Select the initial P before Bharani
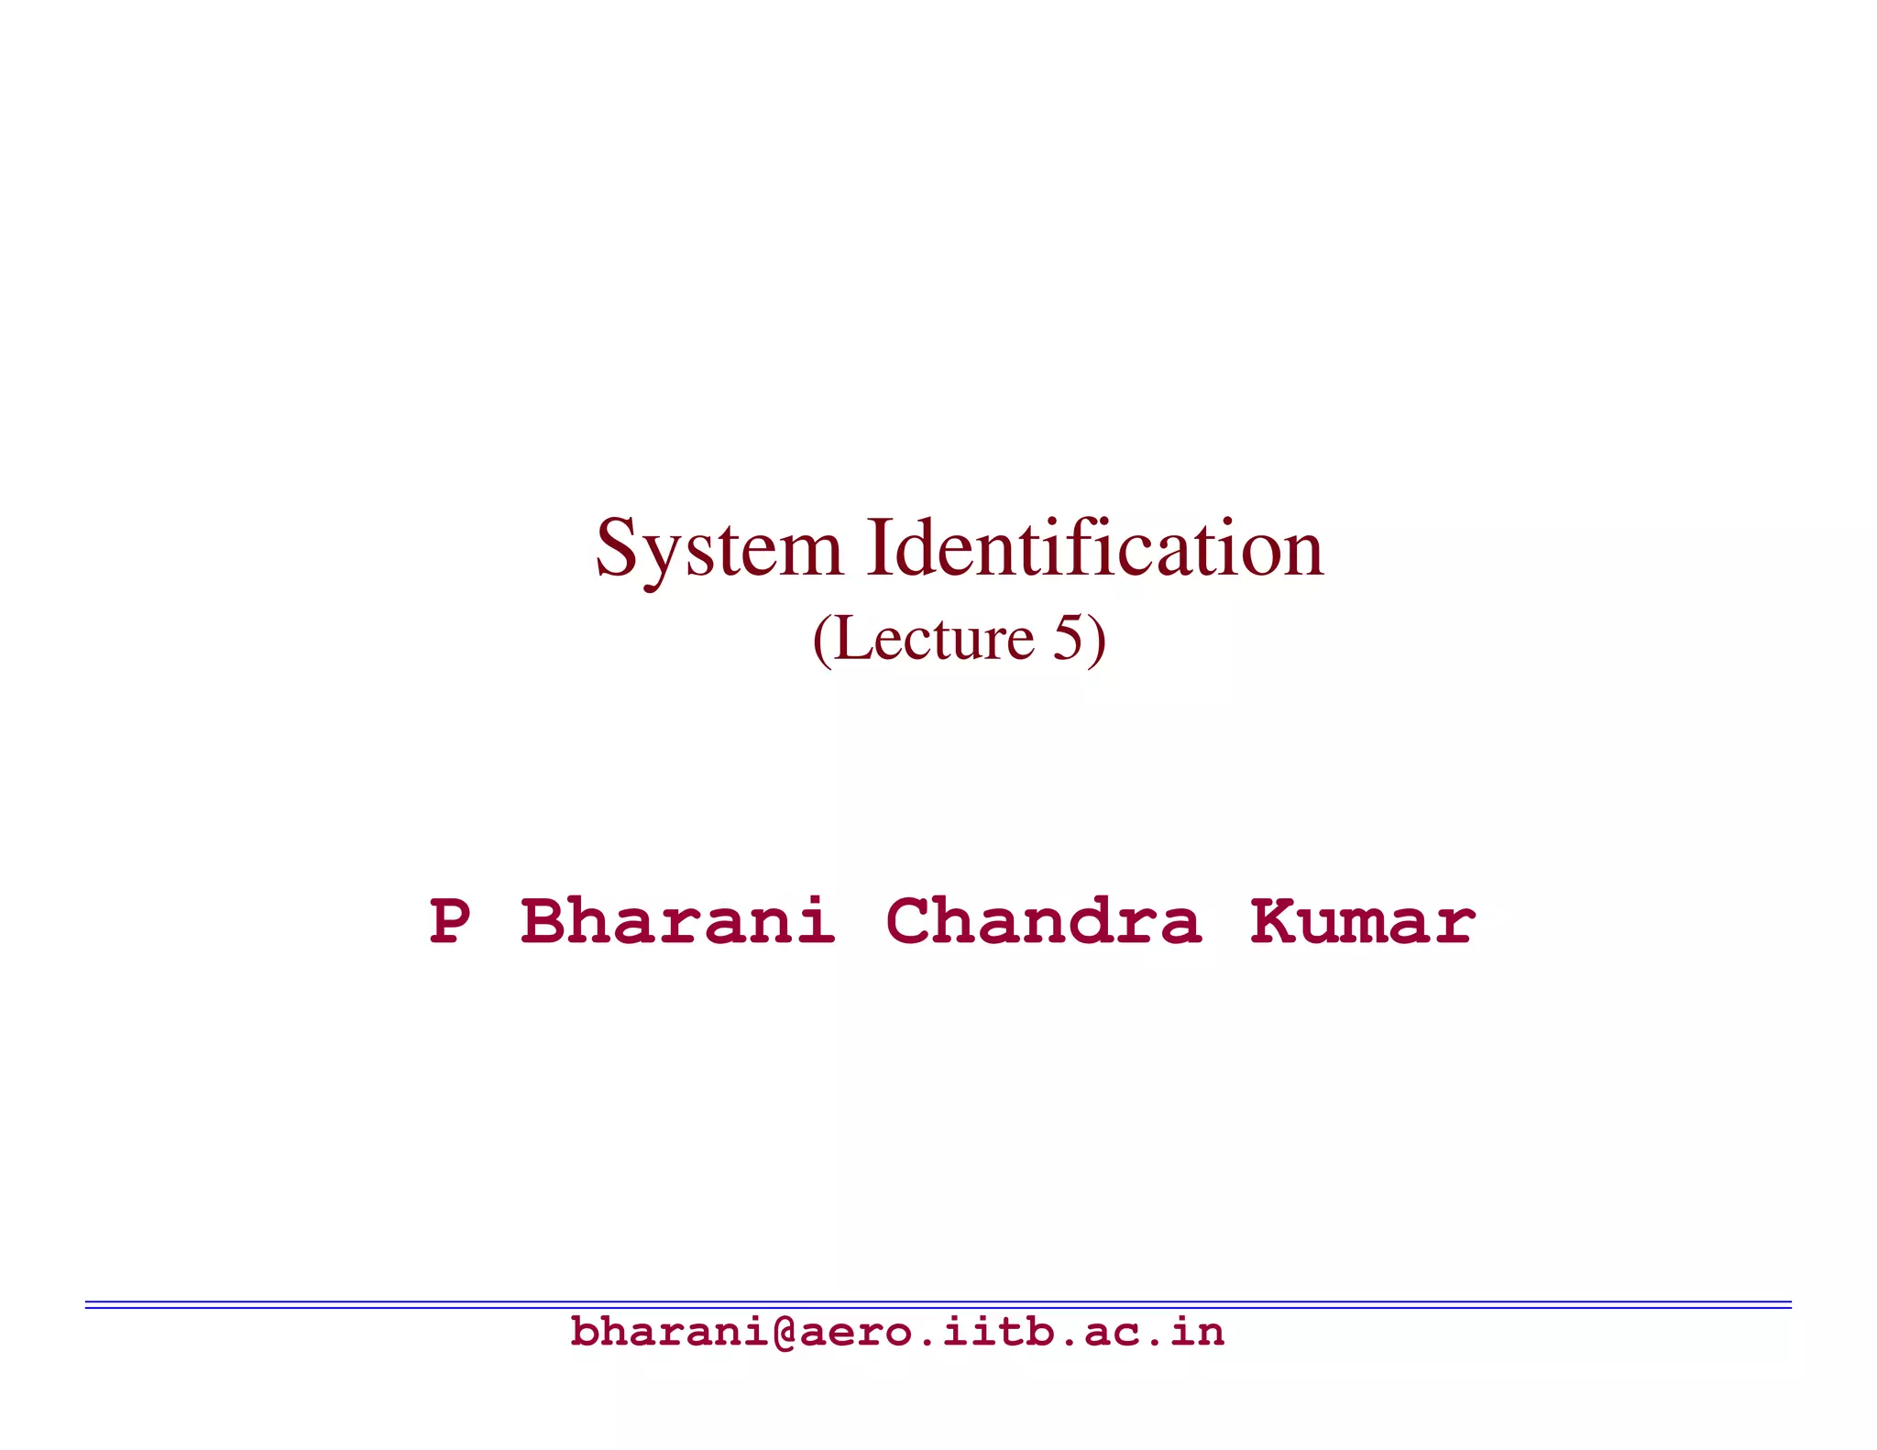pyautogui.click(x=450, y=921)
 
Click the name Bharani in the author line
pyautogui.click(x=678, y=921)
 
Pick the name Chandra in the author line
pyautogui.click(x=1043, y=921)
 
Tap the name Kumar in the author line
pyautogui.click(x=1363, y=921)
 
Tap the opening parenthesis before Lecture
pyautogui.click(x=822, y=640)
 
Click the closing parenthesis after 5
pyautogui.click(x=1097, y=640)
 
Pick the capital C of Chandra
pyautogui.click(x=909, y=921)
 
